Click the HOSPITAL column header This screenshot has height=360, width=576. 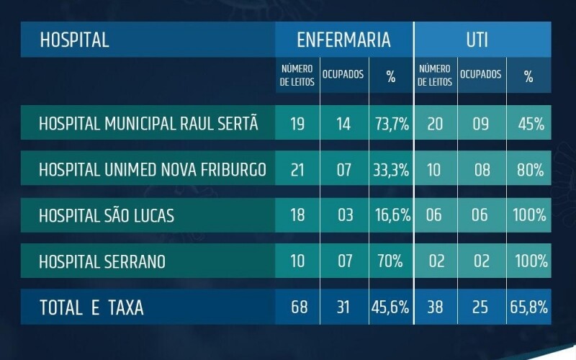(x=74, y=40)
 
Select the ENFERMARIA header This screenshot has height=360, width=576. (x=344, y=40)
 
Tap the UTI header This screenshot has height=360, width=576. (x=477, y=40)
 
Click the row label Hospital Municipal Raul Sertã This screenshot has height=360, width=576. (x=148, y=124)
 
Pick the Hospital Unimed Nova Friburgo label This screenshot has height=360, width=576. (x=153, y=170)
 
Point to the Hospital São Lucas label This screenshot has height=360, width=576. (x=107, y=215)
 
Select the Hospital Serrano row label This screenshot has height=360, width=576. (x=102, y=261)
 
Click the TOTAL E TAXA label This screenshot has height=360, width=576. (x=91, y=308)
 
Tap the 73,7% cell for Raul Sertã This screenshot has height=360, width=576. (x=391, y=124)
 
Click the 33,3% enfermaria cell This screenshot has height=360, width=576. (x=391, y=170)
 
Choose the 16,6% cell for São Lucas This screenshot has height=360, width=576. (x=391, y=215)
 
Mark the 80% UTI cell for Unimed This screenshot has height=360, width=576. (x=528, y=170)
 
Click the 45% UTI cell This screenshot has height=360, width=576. (x=528, y=124)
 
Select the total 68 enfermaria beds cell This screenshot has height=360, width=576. (x=297, y=307)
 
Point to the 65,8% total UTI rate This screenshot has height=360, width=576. (x=528, y=307)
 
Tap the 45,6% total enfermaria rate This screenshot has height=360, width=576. (x=391, y=307)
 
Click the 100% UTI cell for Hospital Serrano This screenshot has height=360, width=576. (x=528, y=261)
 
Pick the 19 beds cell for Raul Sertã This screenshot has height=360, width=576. (x=297, y=124)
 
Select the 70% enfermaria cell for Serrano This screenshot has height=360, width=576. (x=391, y=261)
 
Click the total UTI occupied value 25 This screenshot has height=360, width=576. (x=481, y=307)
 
